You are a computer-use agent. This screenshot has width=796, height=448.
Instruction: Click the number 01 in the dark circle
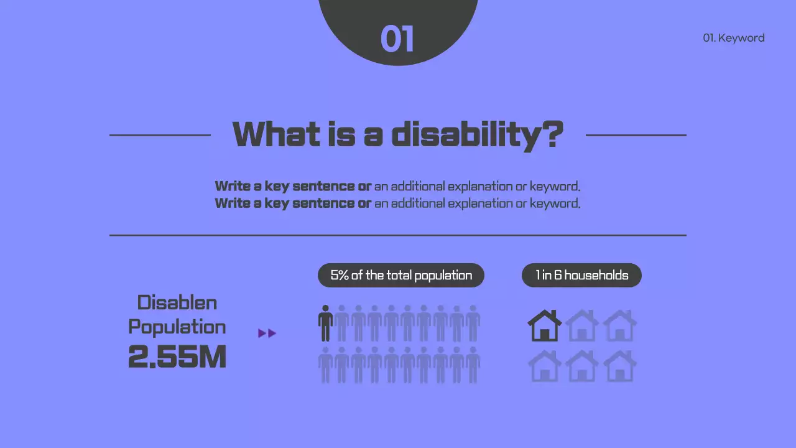click(x=397, y=39)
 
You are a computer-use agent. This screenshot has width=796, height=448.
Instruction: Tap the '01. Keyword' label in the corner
click(x=733, y=38)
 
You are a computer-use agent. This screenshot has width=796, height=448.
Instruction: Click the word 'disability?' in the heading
click(x=477, y=134)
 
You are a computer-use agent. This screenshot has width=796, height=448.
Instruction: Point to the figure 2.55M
click(x=177, y=357)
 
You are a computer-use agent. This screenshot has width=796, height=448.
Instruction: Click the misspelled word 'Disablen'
click(x=177, y=303)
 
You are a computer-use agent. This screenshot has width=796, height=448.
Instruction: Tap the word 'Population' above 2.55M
click(x=177, y=327)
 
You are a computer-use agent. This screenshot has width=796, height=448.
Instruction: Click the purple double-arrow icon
click(x=267, y=334)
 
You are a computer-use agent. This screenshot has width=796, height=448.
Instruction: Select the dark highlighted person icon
click(x=325, y=323)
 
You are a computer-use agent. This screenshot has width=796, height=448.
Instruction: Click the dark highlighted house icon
click(x=544, y=325)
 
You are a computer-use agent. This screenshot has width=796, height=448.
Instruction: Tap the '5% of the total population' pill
click(x=401, y=275)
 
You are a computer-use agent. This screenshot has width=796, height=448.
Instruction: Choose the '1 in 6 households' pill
click(x=581, y=275)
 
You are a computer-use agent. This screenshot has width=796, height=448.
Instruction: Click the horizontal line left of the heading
click(x=160, y=134)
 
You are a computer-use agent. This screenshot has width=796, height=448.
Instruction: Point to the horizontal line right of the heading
click(x=636, y=134)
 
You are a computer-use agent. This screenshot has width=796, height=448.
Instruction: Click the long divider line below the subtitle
click(x=398, y=235)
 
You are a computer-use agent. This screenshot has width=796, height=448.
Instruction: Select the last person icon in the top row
click(x=473, y=323)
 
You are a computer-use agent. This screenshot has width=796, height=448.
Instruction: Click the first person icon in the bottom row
click(x=325, y=365)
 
